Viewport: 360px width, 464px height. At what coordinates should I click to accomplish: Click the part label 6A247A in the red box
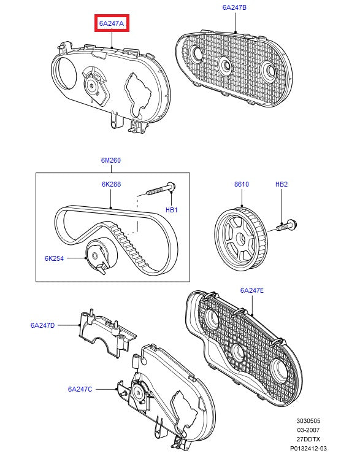coord(112,23)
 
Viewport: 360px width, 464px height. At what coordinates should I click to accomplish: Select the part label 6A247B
coord(234,7)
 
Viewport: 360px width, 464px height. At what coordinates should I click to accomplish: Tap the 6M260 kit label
coord(111,160)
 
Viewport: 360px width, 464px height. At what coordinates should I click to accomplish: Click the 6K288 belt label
coord(111,184)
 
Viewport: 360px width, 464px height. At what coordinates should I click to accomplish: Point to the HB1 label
coord(171,210)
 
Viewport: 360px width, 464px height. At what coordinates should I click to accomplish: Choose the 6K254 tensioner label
coord(54,258)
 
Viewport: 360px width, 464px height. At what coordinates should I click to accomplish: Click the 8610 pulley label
coord(242,184)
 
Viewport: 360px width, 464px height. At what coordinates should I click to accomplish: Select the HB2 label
coord(281,184)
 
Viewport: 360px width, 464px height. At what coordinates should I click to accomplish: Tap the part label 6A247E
coord(251,290)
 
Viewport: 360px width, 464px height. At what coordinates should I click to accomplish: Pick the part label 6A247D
coord(42,325)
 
